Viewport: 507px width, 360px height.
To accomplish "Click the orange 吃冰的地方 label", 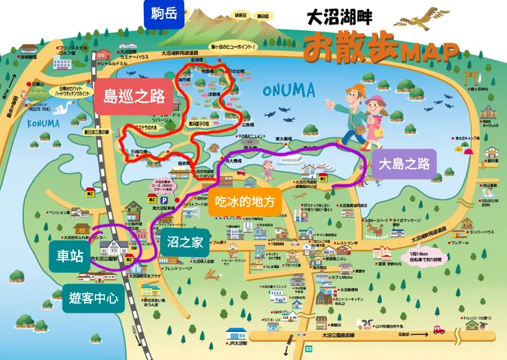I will (x=245, y=202).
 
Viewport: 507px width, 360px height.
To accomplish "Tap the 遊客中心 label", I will (x=93, y=298).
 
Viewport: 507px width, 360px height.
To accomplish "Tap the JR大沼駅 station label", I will (x=241, y=343).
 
